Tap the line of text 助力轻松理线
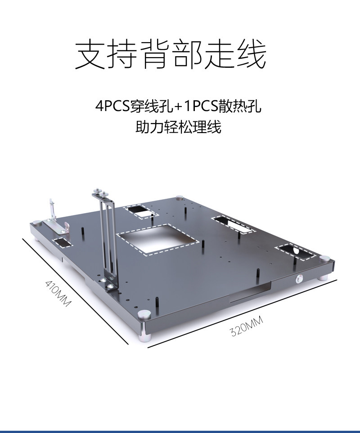(178, 127)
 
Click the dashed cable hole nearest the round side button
(295, 252)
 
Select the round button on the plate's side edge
(298, 279)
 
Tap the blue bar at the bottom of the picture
(180, 431)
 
